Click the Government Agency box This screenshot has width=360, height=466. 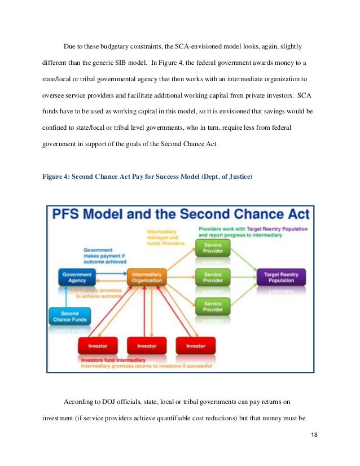[77, 277]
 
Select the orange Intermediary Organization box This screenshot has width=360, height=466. [147, 277]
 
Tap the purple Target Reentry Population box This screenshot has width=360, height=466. [281, 277]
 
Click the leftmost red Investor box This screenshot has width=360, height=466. [98, 345]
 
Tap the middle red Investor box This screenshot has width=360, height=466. [147, 345]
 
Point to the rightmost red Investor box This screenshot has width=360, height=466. [196, 345]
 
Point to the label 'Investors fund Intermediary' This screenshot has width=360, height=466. [113, 360]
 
